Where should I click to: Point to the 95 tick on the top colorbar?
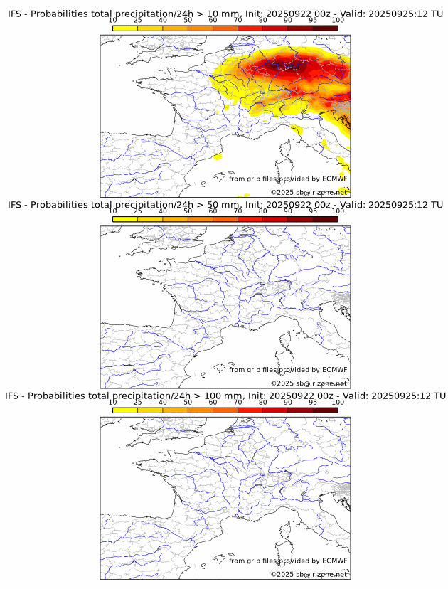click(x=313, y=20)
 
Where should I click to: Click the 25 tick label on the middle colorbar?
click(x=137, y=211)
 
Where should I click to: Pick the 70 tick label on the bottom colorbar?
click(x=238, y=402)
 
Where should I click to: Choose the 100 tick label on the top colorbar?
click(x=338, y=20)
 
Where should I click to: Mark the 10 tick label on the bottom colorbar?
click(x=112, y=402)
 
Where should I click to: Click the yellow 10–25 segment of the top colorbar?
click(x=124, y=28)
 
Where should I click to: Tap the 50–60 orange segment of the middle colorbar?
click(x=200, y=219)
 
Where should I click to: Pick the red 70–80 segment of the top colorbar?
click(x=250, y=28)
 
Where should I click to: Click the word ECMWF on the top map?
click(x=334, y=179)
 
